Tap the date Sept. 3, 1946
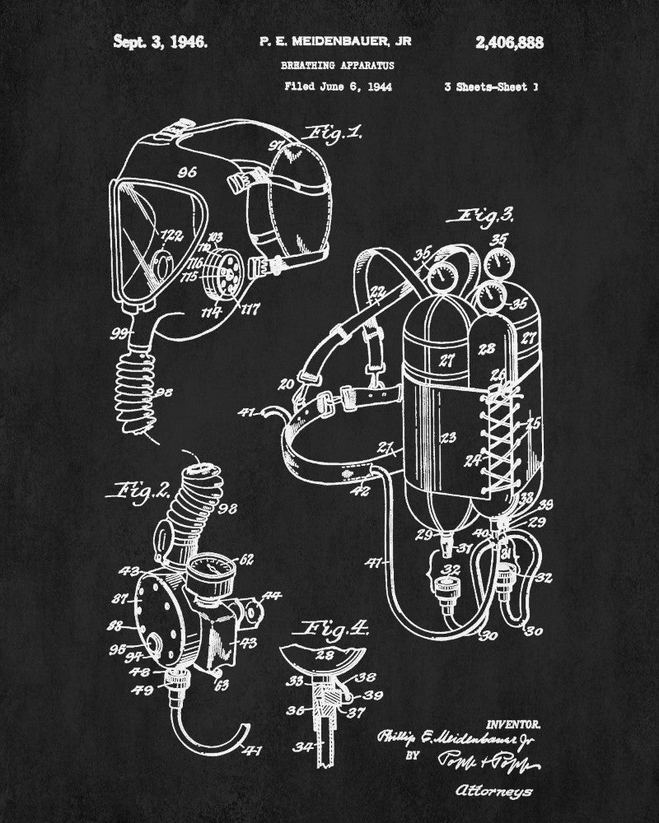coord(160,41)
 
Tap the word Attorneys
coord(493,793)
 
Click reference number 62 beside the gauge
coord(247,563)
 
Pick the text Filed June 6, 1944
coord(338,86)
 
